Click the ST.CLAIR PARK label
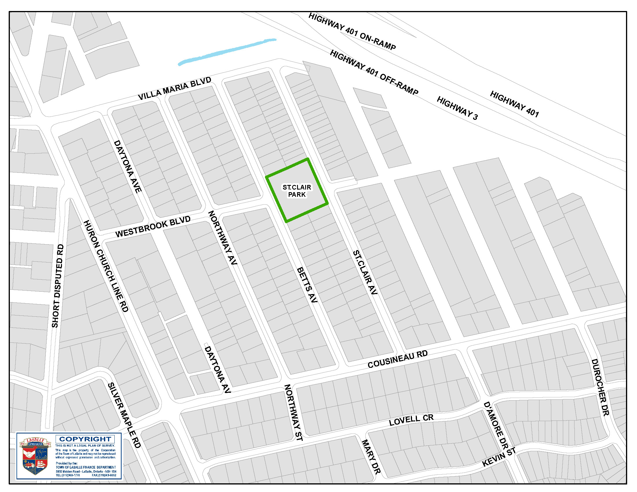296,191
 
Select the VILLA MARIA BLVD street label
174,89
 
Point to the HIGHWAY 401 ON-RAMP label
352,32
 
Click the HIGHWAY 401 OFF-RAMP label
374,73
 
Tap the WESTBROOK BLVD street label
153,227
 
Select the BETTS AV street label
307,285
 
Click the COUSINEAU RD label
397,359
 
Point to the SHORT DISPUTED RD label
57,286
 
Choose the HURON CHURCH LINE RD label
106,266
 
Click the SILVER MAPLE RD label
124,415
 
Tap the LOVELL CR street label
411,420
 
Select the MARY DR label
371,457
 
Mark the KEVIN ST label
499,457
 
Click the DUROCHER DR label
600,387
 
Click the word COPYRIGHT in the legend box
85,439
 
